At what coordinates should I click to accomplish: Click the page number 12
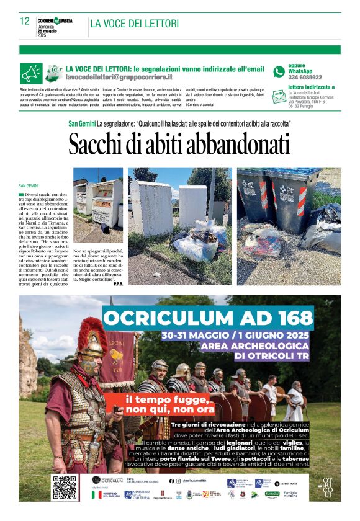[x=25, y=21]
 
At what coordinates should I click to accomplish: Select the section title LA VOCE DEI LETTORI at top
[x=134, y=24]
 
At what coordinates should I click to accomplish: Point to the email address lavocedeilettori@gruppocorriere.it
[x=119, y=77]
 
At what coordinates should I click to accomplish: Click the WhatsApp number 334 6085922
[x=305, y=78]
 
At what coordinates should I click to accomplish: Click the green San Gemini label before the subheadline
[x=81, y=123]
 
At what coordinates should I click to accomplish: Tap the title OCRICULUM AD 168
[x=208, y=318]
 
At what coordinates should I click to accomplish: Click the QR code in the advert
[x=65, y=488]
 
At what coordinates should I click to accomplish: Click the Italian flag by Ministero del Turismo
[x=97, y=494]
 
